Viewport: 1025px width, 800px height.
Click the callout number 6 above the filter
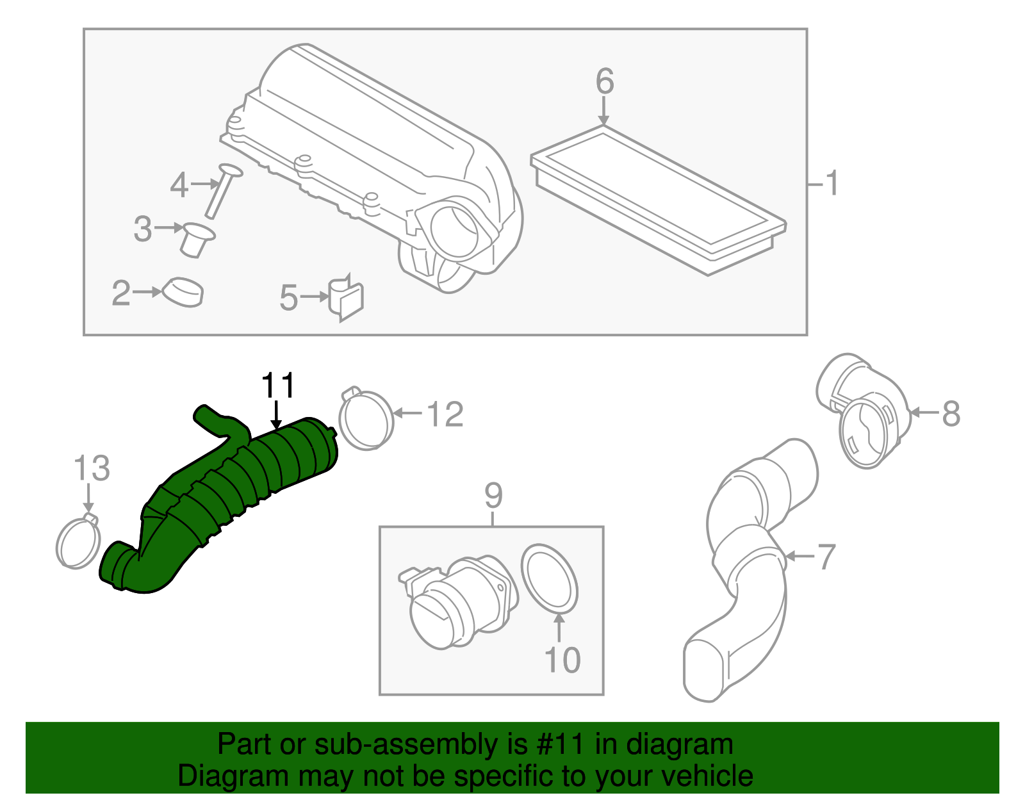pyautogui.click(x=604, y=82)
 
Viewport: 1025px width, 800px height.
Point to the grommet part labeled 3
pyautogui.click(x=196, y=239)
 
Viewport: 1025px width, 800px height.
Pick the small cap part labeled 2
pyautogui.click(x=183, y=293)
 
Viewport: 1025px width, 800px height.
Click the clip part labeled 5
pyautogui.click(x=347, y=299)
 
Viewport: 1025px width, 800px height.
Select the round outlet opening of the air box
pyautogui.click(x=455, y=229)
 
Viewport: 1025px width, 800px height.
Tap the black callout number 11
pyautogui.click(x=278, y=386)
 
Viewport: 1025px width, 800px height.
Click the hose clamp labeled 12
pyautogui.click(x=366, y=420)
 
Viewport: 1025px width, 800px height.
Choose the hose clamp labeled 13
pyautogui.click(x=78, y=543)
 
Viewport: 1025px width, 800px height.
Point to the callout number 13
pyautogui.click(x=92, y=468)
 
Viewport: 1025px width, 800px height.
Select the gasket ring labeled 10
pyautogui.click(x=550, y=578)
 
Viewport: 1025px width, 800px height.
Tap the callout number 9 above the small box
pyautogui.click(x=493, y=495)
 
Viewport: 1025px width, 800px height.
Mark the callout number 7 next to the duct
pyautogui.click(x=826, y=557)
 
